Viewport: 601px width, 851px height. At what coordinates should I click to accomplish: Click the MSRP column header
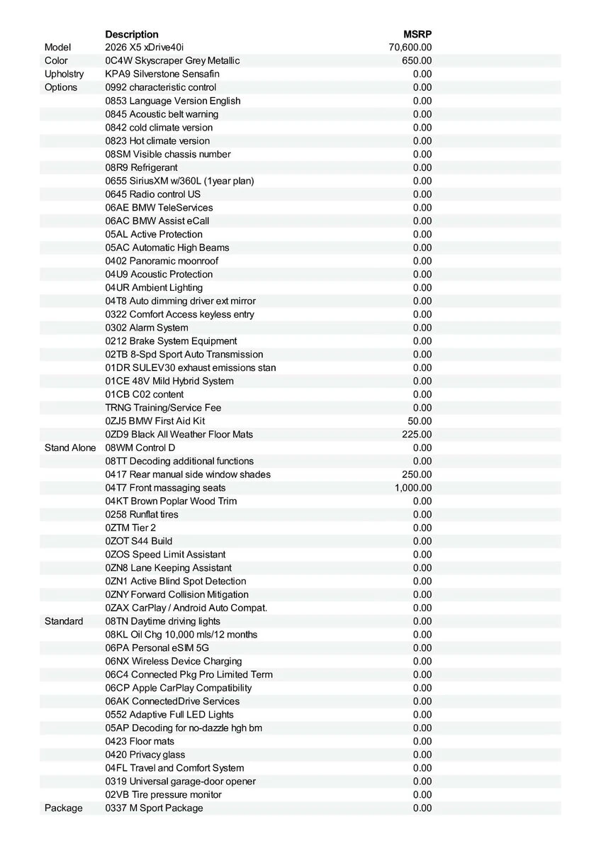pos(417,34)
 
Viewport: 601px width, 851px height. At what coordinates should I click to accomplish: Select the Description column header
pos(132,34)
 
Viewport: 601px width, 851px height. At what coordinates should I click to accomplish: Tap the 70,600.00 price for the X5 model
pos(410,48)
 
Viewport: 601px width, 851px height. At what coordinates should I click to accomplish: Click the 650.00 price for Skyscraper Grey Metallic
pos(417,61)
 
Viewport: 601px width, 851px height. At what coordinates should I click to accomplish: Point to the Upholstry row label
pos(64,74)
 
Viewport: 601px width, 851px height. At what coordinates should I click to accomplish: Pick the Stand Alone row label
pos(70,447)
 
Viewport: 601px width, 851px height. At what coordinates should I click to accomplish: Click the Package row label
pos(63,808)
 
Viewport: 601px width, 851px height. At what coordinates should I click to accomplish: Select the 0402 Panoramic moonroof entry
pos(162,261)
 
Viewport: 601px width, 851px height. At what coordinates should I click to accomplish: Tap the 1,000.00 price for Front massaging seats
pos(413,488)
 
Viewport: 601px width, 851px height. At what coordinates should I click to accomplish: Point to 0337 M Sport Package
pos(154,808)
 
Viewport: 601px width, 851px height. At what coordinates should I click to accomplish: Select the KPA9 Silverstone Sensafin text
pos(162,74)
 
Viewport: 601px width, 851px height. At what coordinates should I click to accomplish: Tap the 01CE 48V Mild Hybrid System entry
pos(169,381)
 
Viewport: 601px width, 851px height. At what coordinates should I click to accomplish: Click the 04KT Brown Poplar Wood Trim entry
pos(171,501)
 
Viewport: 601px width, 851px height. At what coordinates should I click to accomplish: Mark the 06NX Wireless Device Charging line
pos(174,661)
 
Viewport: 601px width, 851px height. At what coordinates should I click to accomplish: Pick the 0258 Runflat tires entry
pos(142,514)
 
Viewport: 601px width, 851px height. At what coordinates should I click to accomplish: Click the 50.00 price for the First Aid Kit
pos(420,421)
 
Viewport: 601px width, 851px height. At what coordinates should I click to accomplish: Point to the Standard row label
pos(64,621)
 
